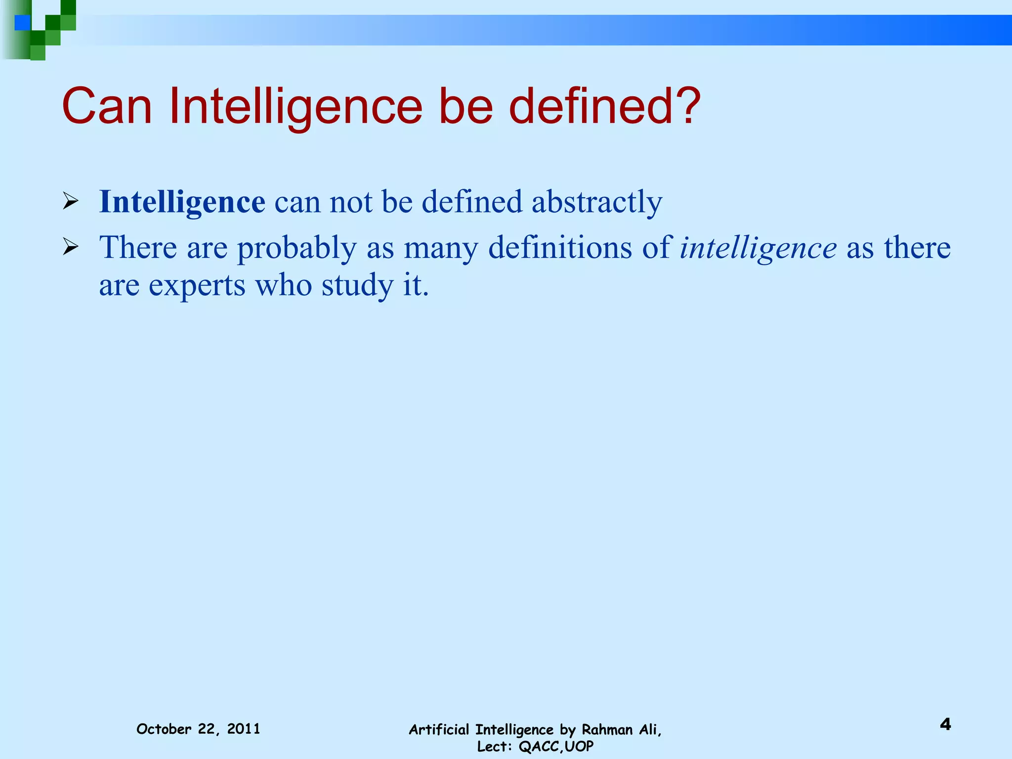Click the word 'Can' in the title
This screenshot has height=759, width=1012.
[107, 107]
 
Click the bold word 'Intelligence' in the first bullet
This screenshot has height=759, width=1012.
[182, 203]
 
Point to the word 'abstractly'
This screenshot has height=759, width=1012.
[597, 203]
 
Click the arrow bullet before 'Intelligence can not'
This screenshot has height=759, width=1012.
[71, 202]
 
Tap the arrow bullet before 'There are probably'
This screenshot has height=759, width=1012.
[71, 247]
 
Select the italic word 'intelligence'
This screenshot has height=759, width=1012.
[758, 248]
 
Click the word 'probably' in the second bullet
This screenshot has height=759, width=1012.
[296, 248]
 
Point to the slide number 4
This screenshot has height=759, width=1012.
[945, 724]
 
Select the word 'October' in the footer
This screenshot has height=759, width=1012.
[164, 729]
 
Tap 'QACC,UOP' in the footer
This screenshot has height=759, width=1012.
[556, 746]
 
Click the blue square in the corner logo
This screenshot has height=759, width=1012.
[22, 23]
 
